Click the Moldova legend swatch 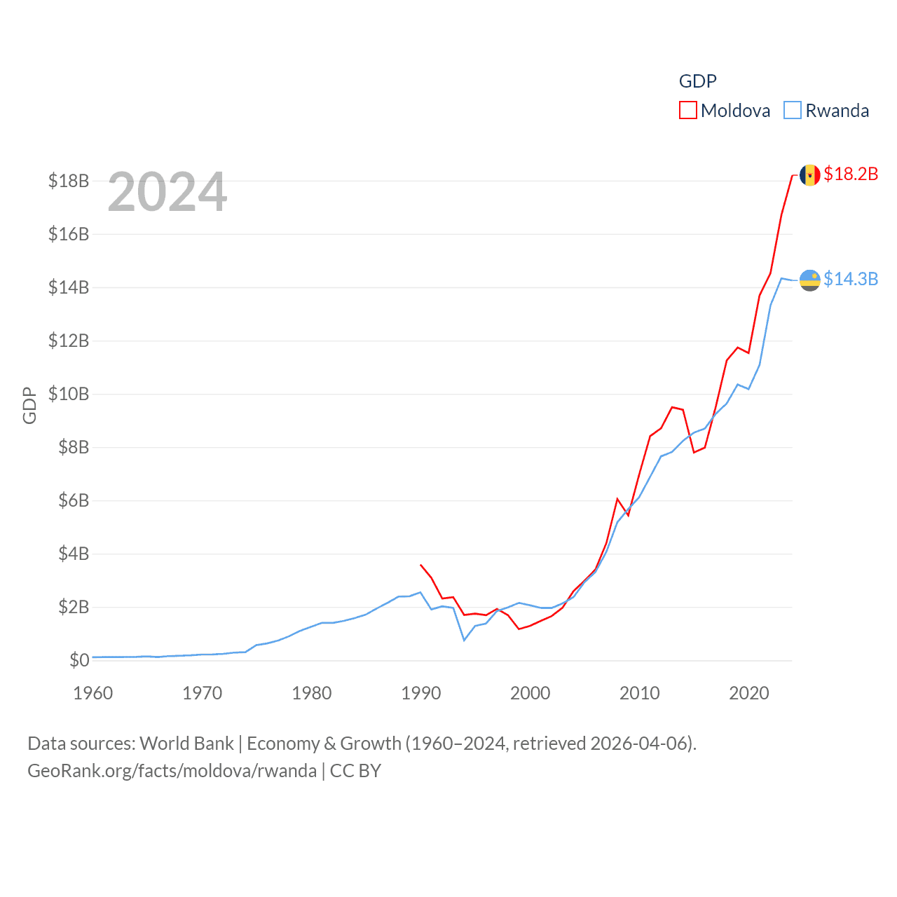[688, 111]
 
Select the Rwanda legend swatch [793, 111]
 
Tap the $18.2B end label [851, 174]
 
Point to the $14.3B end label [851, 279]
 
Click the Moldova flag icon [810, 175]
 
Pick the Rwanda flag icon [810, 280]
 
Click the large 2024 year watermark [167, 192]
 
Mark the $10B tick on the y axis [69, 394]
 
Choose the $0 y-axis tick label [79, 660]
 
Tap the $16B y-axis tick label [69, 234]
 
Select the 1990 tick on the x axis [420, 693]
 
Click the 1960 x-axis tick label [93, 693]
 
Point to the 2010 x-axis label [639, 693]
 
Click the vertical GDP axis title [29, 405]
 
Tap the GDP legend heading [697, 81]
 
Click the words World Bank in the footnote [186, 743]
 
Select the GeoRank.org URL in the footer [172, 771]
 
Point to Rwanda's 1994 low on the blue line [464, 640]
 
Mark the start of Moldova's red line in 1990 [420, 564]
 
